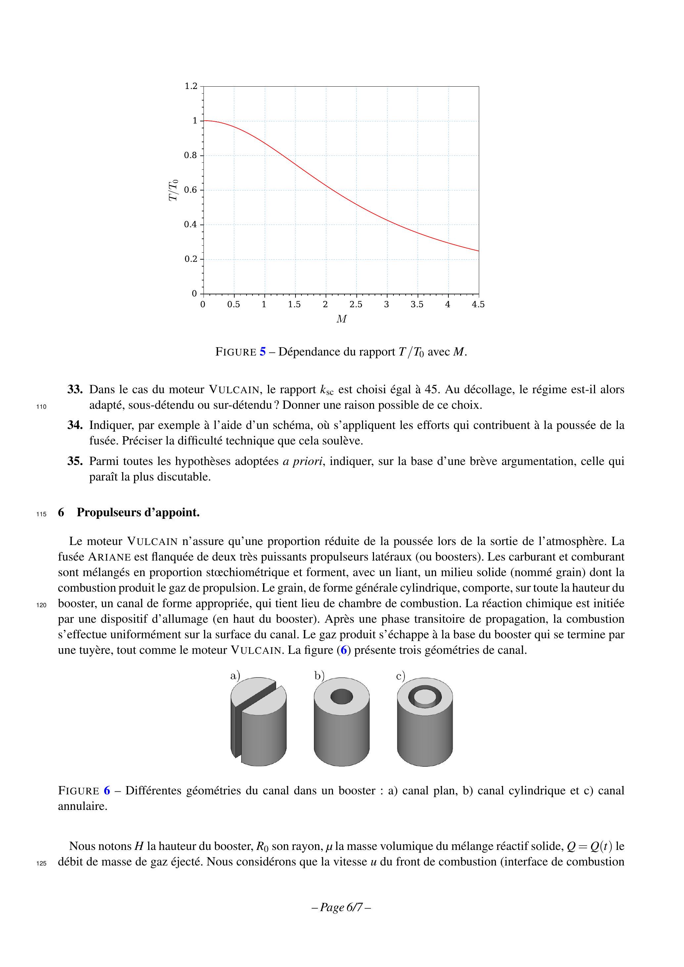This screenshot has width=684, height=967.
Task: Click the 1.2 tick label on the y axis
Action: (191, 86)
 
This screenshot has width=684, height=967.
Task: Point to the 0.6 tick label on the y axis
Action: (191, 190)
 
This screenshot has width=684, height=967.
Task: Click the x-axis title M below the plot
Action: (342, 319)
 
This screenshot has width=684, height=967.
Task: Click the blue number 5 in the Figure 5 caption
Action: (262, 352)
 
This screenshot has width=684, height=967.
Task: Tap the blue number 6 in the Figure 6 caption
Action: (107, 790)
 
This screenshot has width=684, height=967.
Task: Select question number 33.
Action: (74, 390)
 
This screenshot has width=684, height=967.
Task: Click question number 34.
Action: (74, 425)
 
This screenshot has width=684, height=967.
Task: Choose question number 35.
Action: (74, 461)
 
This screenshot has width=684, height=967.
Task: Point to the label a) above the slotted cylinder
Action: (235, 676)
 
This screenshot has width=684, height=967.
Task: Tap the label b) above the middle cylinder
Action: (319, 676)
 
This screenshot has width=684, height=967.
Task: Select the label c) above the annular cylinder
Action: (400, 676)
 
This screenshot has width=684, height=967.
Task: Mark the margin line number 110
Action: (41, 407)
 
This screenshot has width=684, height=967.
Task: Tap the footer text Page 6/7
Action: (342, 907)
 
